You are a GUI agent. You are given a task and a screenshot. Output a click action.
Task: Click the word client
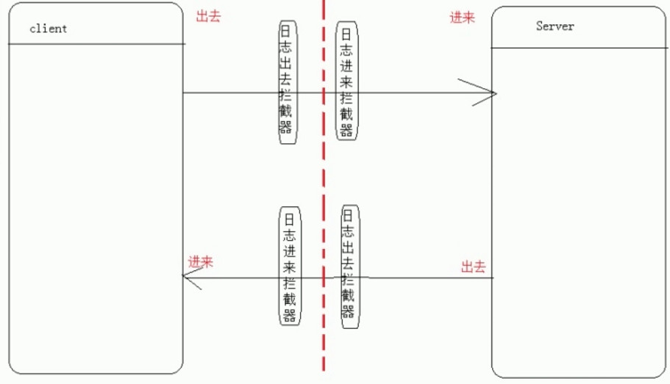(x=48, y=29)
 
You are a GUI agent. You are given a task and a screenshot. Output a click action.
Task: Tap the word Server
(x=555, y=26)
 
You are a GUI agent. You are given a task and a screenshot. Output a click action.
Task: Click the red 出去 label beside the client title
(x=208, y=17)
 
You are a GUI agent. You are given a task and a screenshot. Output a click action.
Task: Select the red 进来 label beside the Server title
(x=463, y=18)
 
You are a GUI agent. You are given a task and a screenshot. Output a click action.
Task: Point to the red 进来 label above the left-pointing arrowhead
(x=201, y=261)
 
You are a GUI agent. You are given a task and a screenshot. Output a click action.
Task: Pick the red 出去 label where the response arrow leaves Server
(x=474, y=267)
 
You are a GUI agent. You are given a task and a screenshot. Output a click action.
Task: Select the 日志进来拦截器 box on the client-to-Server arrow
(x=346, y=80)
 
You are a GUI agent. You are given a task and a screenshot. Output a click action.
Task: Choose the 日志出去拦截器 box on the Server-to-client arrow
(x=350, y=264)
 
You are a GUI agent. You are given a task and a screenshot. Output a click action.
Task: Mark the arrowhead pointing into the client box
(x=190, y=278)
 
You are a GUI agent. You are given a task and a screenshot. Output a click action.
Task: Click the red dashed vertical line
(x=323, y=184)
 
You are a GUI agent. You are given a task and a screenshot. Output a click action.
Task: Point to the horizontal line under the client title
(x=96, y=43)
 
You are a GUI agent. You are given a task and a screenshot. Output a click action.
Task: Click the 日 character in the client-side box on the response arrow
(x=290, y=218)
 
